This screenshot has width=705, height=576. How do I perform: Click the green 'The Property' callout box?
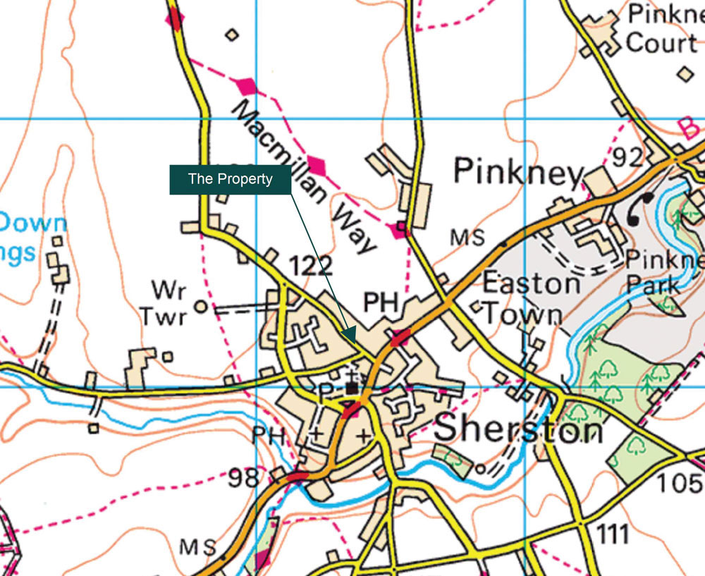(230, 179)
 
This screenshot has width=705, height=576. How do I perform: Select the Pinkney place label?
(519, 171)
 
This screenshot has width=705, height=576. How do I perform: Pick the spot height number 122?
(310, 266)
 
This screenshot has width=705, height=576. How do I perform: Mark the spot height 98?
(245, 479)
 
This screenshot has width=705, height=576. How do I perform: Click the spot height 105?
(681, 484)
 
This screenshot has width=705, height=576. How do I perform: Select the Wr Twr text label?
(164, 303)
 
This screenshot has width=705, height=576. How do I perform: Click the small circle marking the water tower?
(201, 307)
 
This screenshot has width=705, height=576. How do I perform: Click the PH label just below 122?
(381, 303)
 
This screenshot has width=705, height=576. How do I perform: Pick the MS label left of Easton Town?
(468, 238)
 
